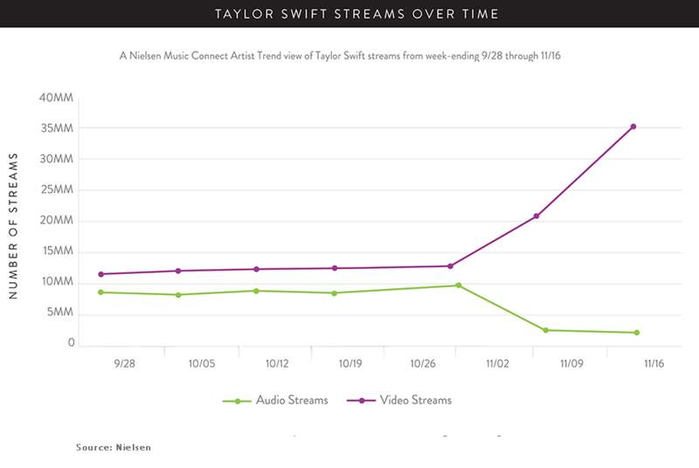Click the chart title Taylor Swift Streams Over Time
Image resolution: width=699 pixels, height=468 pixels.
click(349, 13)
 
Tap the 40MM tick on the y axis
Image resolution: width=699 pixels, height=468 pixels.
click(56, 98)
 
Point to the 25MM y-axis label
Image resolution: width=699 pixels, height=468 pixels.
click(56, 189)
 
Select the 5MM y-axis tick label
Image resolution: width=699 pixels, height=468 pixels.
click(59, 313)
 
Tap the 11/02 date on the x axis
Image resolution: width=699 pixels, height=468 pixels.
click(498, 361)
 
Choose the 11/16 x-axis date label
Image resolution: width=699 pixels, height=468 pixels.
click(653, 361)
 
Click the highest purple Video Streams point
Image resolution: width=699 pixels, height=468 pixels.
click(633, 127)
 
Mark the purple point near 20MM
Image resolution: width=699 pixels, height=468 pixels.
click(536, 216)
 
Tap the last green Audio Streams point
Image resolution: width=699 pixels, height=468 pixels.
click(637, 333)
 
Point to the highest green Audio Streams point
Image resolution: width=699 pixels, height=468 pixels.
click(459, 286)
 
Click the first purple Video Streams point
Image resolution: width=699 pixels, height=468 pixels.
click(101, 274)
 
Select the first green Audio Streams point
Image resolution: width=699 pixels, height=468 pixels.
click(101, 292)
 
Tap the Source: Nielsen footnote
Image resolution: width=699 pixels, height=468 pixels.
click(113, 447)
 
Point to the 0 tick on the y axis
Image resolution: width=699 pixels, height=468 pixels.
click(71, 343)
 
